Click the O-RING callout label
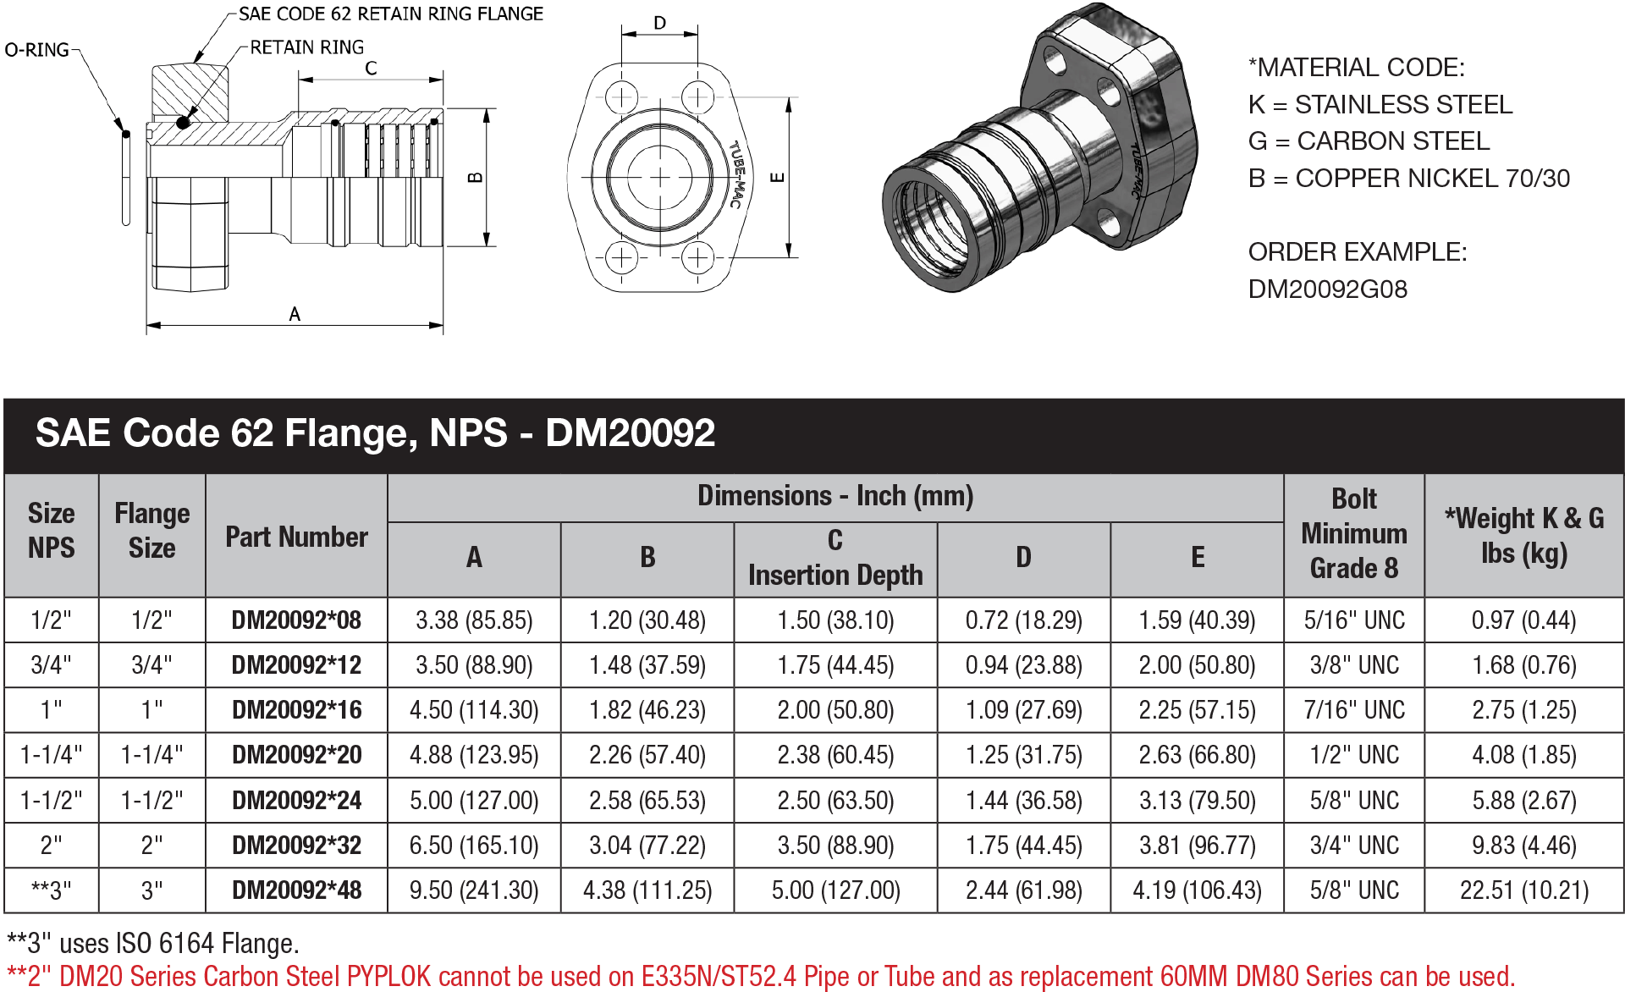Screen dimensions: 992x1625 click(36, 50)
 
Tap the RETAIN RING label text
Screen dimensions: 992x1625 click(306, 47)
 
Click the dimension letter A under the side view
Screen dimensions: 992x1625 click(295, 314)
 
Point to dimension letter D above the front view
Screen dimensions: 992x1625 click(660, 23)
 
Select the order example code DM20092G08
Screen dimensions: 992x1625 click(1327, 289)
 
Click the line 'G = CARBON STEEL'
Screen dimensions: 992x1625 click(1369, 141)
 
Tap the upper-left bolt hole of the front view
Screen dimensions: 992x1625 click(622, 97)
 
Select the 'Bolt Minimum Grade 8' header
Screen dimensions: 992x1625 click(1353, 533)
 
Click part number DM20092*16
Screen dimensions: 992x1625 click(296, 710)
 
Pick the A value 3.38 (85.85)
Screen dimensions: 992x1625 click(474, 620)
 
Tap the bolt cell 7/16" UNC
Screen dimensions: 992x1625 click(1353, 710)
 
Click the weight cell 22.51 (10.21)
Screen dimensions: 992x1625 click(1523, 890)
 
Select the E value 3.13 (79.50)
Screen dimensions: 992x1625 click(1197, 801)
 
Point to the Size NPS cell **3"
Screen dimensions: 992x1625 click(51, 890)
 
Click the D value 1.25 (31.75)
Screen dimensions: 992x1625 click(1023, 755)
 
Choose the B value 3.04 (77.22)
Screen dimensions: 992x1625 click(647, 846)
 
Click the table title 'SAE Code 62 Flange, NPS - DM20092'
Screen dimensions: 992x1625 click(375, 433)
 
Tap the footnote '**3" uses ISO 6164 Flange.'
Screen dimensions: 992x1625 click(153, 944)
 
